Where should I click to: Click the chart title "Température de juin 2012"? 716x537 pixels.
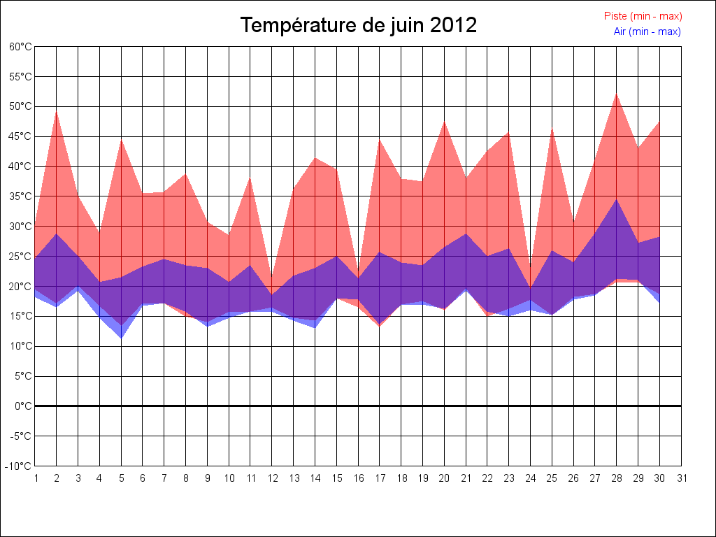pos(359,26)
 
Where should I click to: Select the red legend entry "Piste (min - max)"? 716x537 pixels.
pos(643,16)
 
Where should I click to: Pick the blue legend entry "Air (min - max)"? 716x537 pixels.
pos(647,31)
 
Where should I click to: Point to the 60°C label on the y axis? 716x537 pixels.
pos(20,47)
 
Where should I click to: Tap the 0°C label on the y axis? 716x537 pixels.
pos(23,406)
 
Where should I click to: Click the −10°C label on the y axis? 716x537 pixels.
pos(20,466)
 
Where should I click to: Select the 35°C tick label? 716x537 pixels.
pos(20,196)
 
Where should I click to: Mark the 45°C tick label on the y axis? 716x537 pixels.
pos(20,136)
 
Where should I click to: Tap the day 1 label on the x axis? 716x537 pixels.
pos(36,478)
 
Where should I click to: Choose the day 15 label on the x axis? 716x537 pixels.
pos(337,478)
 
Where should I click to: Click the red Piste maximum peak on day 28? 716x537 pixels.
pos(617,94)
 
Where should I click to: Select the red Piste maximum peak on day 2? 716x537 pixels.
pos(57,112)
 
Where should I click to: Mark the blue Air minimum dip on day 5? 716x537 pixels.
pos(122,338)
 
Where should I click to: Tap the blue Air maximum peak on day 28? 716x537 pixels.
pos(617,200)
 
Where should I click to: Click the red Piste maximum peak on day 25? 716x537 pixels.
pos(552,129)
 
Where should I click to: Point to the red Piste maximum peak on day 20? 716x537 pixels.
pos(445,122)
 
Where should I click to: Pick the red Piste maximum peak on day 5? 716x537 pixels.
pos(122,141)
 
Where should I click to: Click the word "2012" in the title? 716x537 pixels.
pos(453,26)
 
